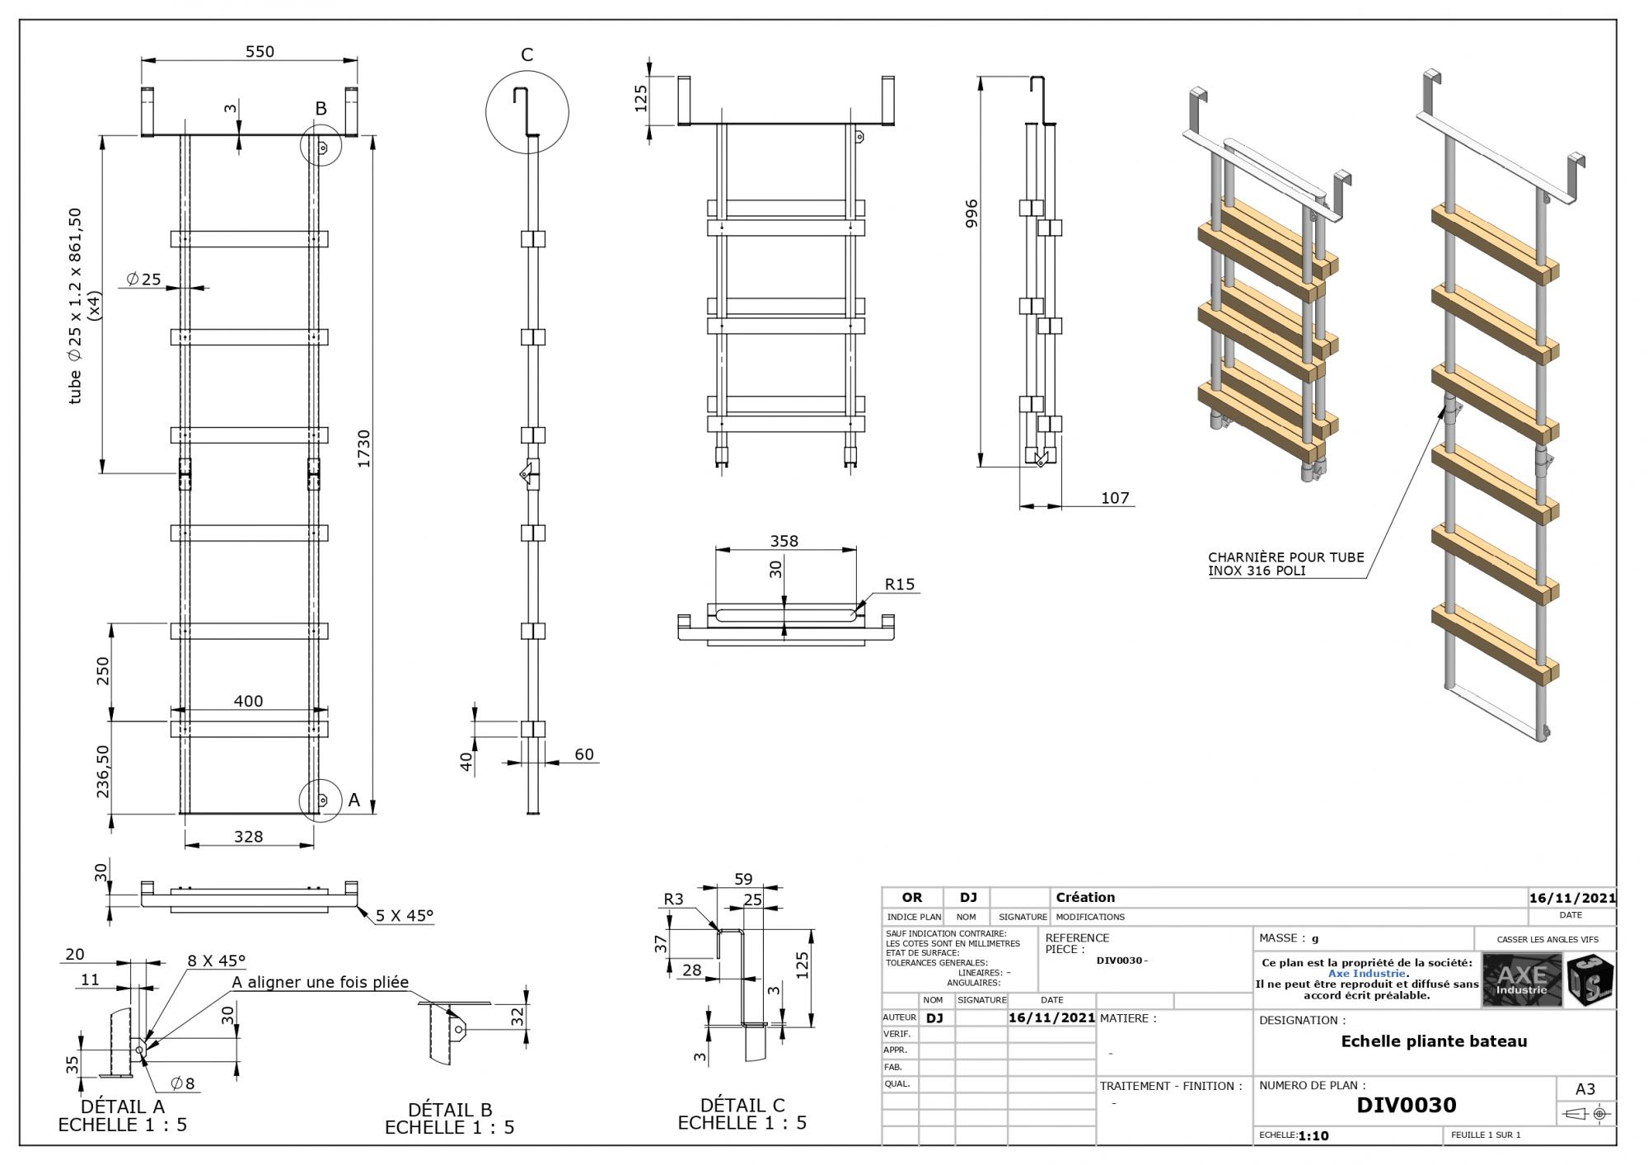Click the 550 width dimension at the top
pos(260,51)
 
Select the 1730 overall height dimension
pos(363,449)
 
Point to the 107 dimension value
pos(1114,498)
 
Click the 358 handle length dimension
pos(784,541)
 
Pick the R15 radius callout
pos(899,584)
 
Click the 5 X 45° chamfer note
pos(404,915)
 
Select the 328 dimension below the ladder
pos(248,836)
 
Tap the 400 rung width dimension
pos(248,701)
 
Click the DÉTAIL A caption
pos(123,1106)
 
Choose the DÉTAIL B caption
pos(450,1110)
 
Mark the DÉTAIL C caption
pos(742,1105)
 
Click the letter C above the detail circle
pos(527,54)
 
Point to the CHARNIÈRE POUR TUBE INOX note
pos(1285,564)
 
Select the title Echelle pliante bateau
pos(1434,1041)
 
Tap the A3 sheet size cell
pos(1585,1089)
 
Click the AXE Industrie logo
pos(1522,979)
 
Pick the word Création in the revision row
pos(1085,897)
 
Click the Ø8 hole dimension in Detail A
pos(183,1083)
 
